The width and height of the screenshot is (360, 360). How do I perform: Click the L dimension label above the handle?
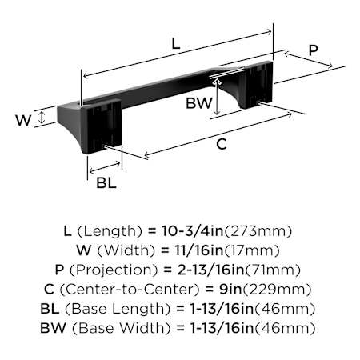(x=176, y=44)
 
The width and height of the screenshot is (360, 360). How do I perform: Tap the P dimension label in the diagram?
(x=313, y=50)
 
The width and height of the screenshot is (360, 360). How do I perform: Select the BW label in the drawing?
(x=199, y=103)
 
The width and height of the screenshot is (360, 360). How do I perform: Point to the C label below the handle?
(x=222, y=144)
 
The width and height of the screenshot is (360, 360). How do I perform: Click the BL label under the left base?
(x=106, y=183)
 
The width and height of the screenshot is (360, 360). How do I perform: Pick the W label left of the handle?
(x=23, y=120)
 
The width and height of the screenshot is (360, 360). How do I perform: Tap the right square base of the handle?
(x=257, y=85)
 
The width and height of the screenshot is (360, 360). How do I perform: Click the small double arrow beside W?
(x=42, y=118)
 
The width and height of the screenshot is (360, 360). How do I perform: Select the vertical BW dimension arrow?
(x=218, y=98)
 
